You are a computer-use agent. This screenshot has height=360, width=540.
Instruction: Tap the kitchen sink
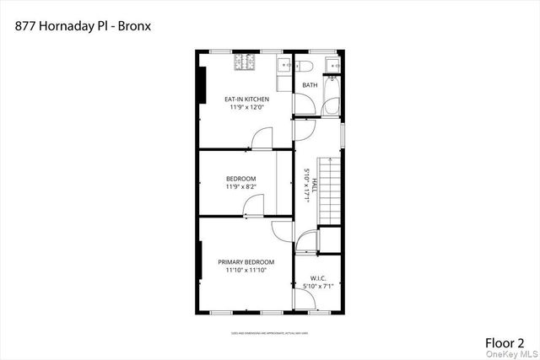click(x=284, y=64)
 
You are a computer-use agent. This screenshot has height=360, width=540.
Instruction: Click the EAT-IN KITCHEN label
click(x=246, y=99)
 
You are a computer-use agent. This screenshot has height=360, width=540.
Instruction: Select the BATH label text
click(x=310, y=85)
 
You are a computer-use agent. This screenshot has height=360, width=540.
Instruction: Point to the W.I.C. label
click(x=318, y=278)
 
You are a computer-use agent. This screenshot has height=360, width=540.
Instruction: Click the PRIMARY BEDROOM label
click(x=246, y=262)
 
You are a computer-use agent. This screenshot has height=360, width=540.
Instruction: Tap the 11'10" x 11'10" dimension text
click(x=246, y=271)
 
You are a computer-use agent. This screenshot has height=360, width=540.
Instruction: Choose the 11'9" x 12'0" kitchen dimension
click(x=246, y=108)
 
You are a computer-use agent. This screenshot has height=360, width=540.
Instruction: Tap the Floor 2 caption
click(x=504, y=342)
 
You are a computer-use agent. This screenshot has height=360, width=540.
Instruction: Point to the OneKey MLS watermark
click(x=512, y=356)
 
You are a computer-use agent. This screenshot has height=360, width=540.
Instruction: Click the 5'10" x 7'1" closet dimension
click(x=318, y=287)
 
